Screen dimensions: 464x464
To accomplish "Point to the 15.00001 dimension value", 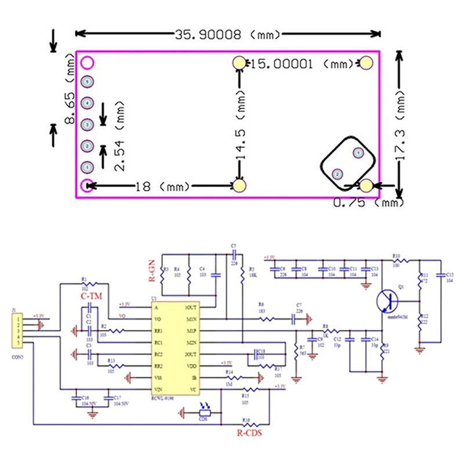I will point(284,63).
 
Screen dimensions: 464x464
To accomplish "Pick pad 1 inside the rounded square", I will point(358,153).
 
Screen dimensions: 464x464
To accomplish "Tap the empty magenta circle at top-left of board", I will point(87,62).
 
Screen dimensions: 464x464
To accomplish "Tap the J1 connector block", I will point(19,328).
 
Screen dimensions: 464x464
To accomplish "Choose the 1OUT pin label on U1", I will point(190,307).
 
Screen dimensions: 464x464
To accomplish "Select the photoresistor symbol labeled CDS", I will point(203,413).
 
